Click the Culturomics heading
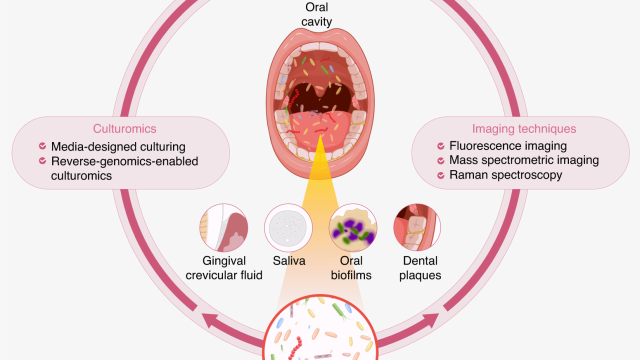124,128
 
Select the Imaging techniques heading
524,128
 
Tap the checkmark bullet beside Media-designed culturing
42,146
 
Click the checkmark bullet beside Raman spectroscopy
441,175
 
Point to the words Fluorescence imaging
508,146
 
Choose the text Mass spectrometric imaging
524,160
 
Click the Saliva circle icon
288,227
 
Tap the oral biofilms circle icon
353,227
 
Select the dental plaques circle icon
417,227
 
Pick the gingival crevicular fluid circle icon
224,227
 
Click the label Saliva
289,261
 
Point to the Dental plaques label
420,268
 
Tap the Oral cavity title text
316,14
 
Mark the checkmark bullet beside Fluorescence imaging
441,146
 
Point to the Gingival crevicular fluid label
224,268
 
